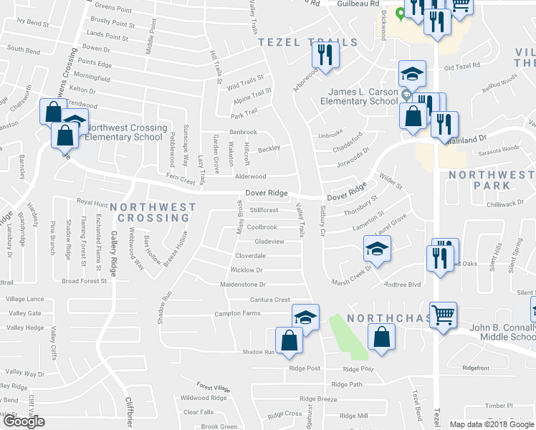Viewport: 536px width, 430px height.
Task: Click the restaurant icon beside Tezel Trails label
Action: [325, 54]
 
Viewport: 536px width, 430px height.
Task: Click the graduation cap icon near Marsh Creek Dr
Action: [377, 247]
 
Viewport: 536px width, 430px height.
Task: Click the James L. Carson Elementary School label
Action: [363, 97]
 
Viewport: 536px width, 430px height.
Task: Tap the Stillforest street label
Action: [264, 210]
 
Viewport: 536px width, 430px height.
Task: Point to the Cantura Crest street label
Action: [269, 300]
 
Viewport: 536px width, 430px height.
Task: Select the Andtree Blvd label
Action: [402, 285]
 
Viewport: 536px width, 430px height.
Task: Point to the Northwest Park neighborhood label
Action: [491, 179]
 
